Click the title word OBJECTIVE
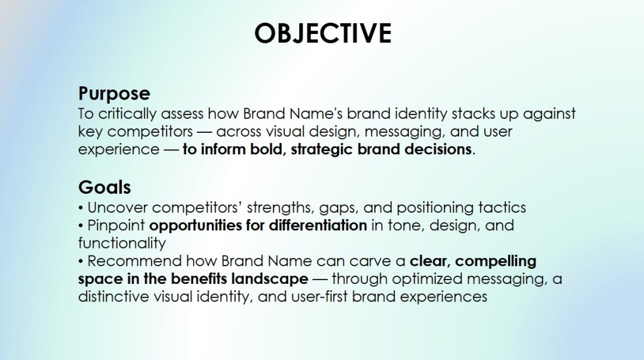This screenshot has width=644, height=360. coord(323,33)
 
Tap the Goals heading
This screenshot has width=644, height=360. coord(104,188)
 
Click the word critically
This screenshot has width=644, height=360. coord(128,114)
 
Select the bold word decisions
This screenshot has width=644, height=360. coord(438,149)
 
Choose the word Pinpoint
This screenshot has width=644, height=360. coord(116,225)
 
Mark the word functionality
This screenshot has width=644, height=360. coord(122,244)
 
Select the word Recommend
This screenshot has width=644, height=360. coord(135,261)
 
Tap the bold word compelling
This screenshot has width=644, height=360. coord(496,262)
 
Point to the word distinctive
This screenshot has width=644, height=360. coord(113,296)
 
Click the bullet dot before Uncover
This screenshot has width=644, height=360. coord(81,208)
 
